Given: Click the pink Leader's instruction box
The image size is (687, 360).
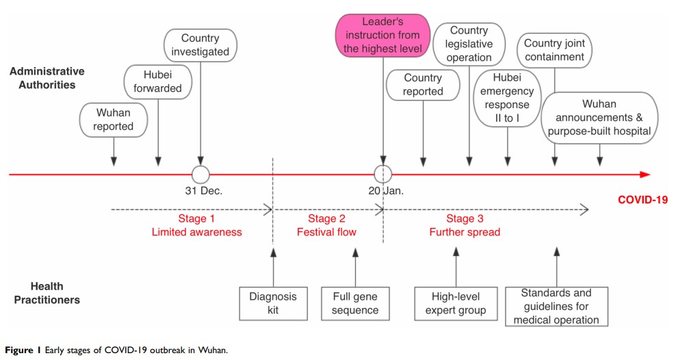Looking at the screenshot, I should point(383,36).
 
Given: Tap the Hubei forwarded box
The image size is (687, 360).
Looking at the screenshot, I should point(158,81).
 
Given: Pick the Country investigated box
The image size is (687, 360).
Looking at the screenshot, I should point(200,45).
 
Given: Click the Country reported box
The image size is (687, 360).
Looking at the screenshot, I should point(423,85).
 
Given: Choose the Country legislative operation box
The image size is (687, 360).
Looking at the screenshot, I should point(469,44).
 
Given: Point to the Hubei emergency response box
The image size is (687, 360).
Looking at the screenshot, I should point(507,99).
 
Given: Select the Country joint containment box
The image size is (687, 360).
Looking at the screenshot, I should point(554,51).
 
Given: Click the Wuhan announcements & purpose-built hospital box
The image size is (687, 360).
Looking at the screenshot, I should point(599,118).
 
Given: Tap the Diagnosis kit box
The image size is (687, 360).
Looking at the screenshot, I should point(273,303).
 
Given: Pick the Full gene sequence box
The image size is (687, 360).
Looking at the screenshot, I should point(354,303).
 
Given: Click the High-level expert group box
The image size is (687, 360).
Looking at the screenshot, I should point(456,303).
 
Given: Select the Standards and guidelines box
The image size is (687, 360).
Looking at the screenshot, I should point(556,306).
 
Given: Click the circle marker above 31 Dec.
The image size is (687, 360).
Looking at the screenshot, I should point(200,175).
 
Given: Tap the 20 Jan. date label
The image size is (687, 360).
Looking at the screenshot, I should point(385,192).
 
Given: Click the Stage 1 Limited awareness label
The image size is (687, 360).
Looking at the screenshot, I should point(196,225).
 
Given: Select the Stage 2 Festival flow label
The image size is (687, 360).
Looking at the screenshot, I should point(326,225).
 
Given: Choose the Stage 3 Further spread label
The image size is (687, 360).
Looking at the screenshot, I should point(465,225).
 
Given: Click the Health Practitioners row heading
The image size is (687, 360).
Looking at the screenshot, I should point(55,293).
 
